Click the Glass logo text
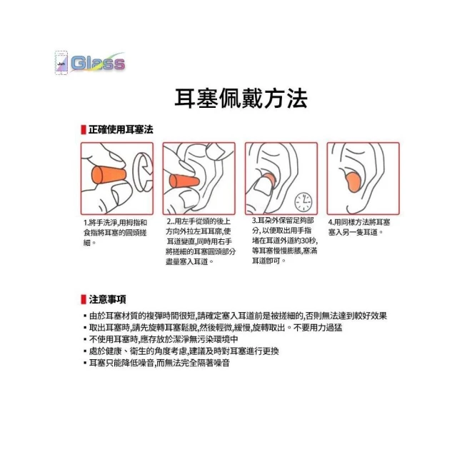(x=99, y=63)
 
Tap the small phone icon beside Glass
(x=61, y=63)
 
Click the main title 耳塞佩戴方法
(x=241, y=99)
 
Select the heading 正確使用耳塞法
(x=121, y=130)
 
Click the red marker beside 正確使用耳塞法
(x=84, y=130)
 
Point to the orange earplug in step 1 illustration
(x=109, y=175)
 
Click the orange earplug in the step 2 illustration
(x=184, y=182)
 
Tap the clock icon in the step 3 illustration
(x=303, y=201)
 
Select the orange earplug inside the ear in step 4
(x=353, y=182)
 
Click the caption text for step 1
(x=115, y=233)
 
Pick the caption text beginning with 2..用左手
(x=201, y=241)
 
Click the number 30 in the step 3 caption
(x=305, y=241)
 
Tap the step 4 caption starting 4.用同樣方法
(x=359, y=227)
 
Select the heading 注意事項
(x=108, y=299)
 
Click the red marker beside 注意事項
(x=84, y=299)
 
